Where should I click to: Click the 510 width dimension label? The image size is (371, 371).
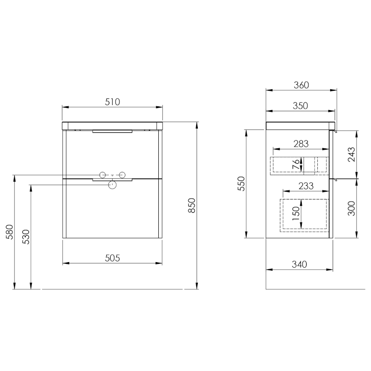pos(113,102)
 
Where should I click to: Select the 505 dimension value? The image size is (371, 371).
pos(113,258)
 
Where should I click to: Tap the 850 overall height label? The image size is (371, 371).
pos(192,205)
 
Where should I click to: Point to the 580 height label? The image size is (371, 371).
pos(9,232)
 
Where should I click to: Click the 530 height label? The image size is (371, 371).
pos(26,237)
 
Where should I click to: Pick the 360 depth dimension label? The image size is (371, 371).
pos(301,85)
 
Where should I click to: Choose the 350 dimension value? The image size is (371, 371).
pos(300,106)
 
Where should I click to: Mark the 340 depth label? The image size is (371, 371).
pos(299,264)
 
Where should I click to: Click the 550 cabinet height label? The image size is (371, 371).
pos(241,183)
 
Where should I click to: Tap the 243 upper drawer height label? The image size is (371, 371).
pos(352,154)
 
